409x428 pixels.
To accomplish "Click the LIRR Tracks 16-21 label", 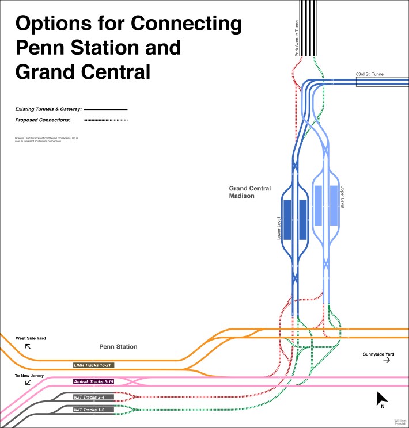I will (93, 365).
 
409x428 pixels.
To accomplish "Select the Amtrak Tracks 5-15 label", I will (93, 382).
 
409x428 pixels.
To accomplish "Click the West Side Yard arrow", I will (26, 347).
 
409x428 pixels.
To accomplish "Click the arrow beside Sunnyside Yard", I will (387, 360).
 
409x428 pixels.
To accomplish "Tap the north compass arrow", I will (381, 398).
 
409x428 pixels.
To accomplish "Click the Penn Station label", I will (118, 347).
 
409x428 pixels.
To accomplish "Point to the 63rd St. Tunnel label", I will (370, 74).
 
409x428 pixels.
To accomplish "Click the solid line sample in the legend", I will (105, 109).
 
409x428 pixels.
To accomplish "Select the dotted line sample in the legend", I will (105, 120).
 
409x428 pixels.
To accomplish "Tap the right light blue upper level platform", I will (334, 205).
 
